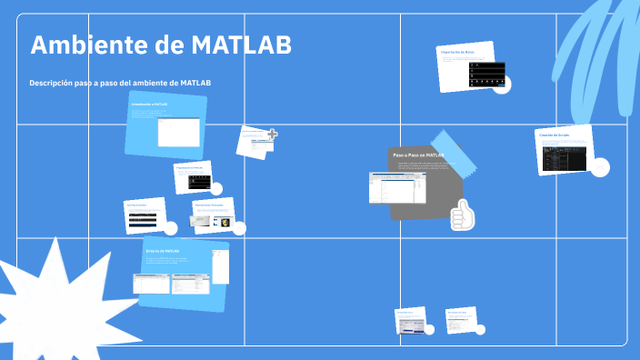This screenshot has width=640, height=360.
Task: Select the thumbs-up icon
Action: point(463,215)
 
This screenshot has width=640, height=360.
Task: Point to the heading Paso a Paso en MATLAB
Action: point(418,155)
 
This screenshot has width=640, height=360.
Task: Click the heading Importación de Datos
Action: point(457,53)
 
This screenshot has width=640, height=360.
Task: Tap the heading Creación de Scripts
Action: point(554,135)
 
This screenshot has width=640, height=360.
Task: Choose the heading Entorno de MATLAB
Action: point(163,251)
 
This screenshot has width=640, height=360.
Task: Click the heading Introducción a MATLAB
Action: point(149,105)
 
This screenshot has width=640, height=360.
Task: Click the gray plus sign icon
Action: point(272,135)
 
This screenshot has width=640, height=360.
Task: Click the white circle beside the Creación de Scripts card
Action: point(599,167)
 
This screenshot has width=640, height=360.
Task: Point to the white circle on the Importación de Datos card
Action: point(501,85)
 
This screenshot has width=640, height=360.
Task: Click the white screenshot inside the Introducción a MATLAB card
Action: point(178,133)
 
